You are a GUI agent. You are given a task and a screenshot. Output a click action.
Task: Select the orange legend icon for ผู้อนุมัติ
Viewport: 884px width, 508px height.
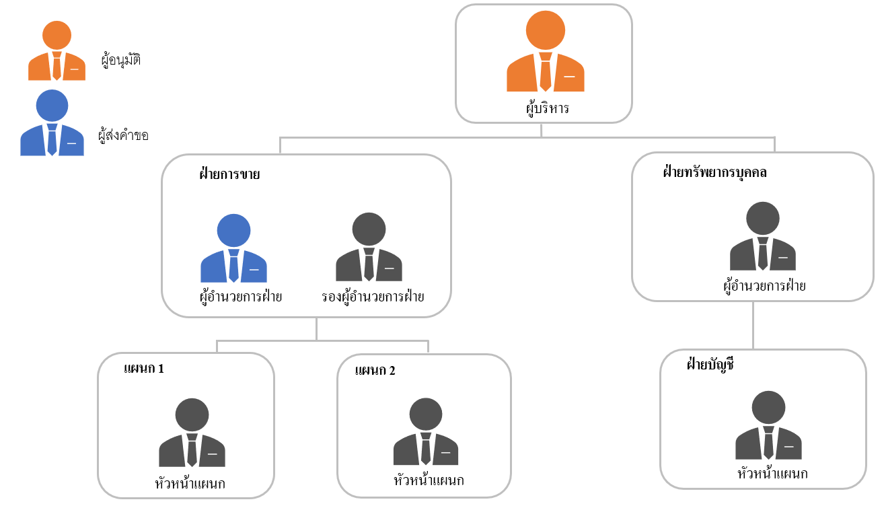pos(57,52)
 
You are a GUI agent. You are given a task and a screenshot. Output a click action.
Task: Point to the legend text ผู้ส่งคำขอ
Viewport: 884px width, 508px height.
pos(123,135)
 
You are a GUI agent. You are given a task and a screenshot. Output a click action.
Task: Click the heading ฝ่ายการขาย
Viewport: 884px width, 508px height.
pos(229,174)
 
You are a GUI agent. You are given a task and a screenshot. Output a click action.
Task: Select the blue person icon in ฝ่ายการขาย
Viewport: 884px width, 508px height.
pos(233,250)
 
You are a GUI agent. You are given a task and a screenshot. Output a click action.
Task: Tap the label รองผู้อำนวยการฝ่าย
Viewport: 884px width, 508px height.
pos(372,295)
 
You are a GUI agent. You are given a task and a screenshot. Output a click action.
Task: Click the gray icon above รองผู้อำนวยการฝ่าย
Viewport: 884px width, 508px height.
pos(369,249)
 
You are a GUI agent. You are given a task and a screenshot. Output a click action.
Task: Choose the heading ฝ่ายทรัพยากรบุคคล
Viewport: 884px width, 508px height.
pos(715,172)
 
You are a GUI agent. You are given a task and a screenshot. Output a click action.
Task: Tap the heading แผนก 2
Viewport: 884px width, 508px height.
pos(375,370)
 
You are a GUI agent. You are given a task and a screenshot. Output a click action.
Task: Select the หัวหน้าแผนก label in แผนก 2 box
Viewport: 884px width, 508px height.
pos(429,480)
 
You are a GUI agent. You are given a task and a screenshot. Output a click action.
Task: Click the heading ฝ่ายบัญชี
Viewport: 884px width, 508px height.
pos(709,365)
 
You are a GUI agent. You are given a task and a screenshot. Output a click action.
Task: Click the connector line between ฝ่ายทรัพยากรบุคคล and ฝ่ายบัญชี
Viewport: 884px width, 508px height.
pos(752,325)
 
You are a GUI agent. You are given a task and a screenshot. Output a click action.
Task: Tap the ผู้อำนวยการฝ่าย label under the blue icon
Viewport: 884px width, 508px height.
pos(236,295)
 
